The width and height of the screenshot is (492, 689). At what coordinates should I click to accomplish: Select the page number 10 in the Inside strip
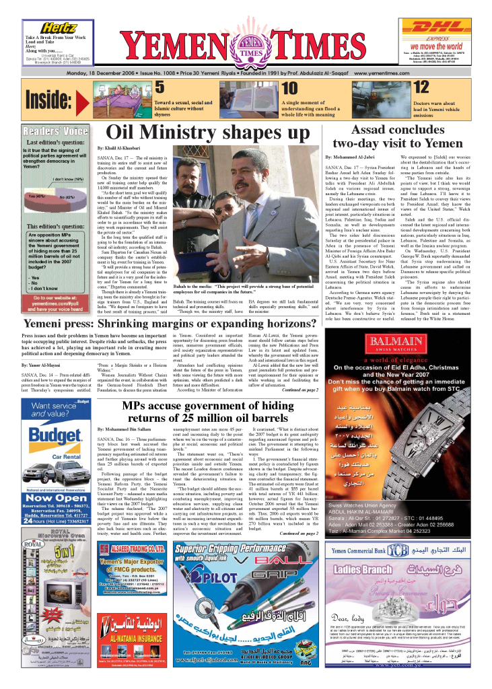tap(289, 88)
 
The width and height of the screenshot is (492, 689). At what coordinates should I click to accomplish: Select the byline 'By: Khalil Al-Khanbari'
tap(118, 147)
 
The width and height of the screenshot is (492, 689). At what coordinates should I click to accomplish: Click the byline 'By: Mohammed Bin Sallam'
tap(125, 429)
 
